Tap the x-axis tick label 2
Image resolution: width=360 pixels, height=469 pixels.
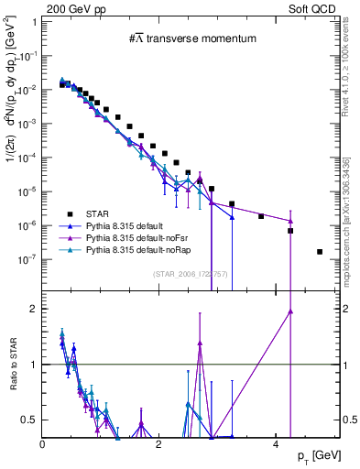click(x=159, y=444)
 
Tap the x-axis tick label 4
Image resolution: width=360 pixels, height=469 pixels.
click(x=275, y=444)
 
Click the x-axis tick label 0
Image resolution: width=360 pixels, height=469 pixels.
click(x=43, y=444)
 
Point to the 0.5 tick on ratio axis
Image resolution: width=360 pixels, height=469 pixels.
click(x=30, y=420)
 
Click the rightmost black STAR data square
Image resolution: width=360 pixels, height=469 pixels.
click(x=320, y=252)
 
